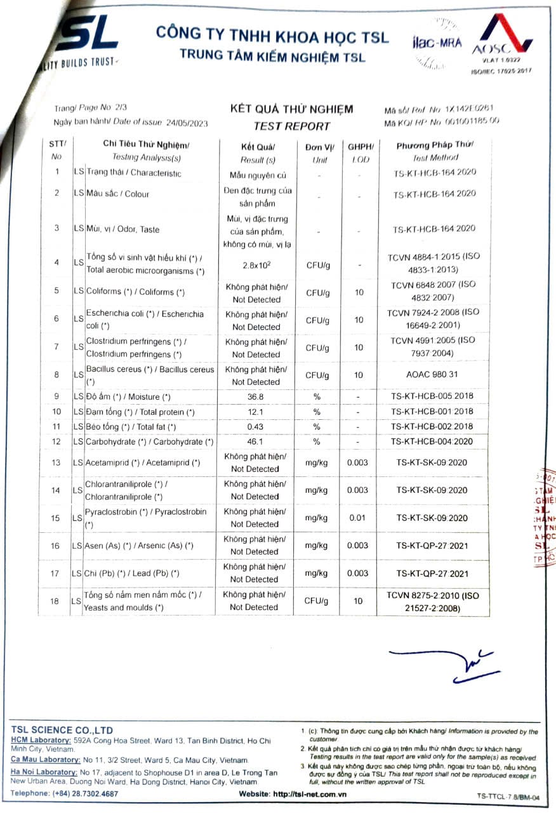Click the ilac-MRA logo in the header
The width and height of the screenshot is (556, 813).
[437, 43]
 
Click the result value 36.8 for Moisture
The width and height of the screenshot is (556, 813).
[255, 396]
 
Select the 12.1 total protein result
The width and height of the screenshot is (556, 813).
[255, 412]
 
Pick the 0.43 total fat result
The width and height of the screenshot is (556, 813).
[255, 427]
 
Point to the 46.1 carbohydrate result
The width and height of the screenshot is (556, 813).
[255, 441]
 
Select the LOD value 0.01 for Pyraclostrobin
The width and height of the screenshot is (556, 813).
[358, 518]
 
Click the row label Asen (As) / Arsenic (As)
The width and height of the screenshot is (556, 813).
[139, 546]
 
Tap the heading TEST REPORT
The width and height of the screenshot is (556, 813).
[291, 126]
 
